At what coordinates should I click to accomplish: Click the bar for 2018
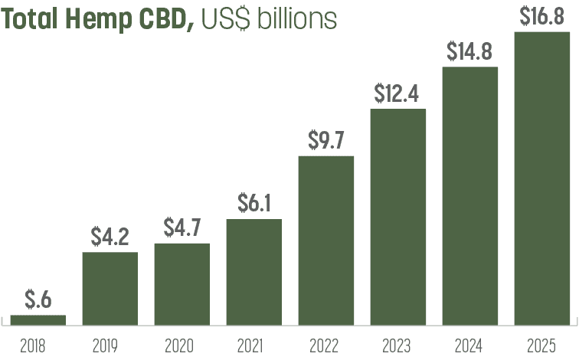coord(38,319)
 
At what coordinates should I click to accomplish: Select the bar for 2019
coord(110,287)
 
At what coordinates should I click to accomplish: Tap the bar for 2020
coord(182,283)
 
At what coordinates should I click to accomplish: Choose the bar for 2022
coord(326,240)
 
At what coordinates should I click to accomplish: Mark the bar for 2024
coord(470,195)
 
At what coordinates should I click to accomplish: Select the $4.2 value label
coord(110,236)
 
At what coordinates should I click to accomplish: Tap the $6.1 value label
coord(254,203)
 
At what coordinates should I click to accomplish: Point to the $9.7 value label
coord(326,140)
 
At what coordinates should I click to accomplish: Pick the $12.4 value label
coord(398,93)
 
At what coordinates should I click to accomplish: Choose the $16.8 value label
coord(542,16)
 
